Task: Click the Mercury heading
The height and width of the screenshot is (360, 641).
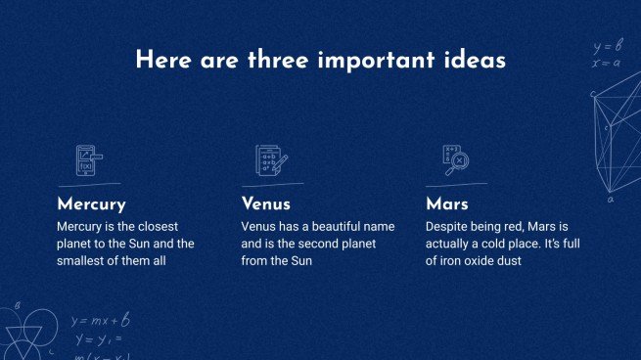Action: tap(91, 204)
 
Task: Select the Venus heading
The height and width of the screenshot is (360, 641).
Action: tap(266, 204)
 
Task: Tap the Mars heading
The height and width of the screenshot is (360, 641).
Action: tap(447, 204)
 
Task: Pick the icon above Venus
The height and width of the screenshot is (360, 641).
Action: tap(269, 159)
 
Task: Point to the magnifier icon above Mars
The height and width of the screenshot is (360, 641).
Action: tap(456, 159)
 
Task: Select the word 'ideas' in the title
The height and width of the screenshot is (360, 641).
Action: tap(474, 61)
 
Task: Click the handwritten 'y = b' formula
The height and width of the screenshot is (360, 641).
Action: tap(608, 46)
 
